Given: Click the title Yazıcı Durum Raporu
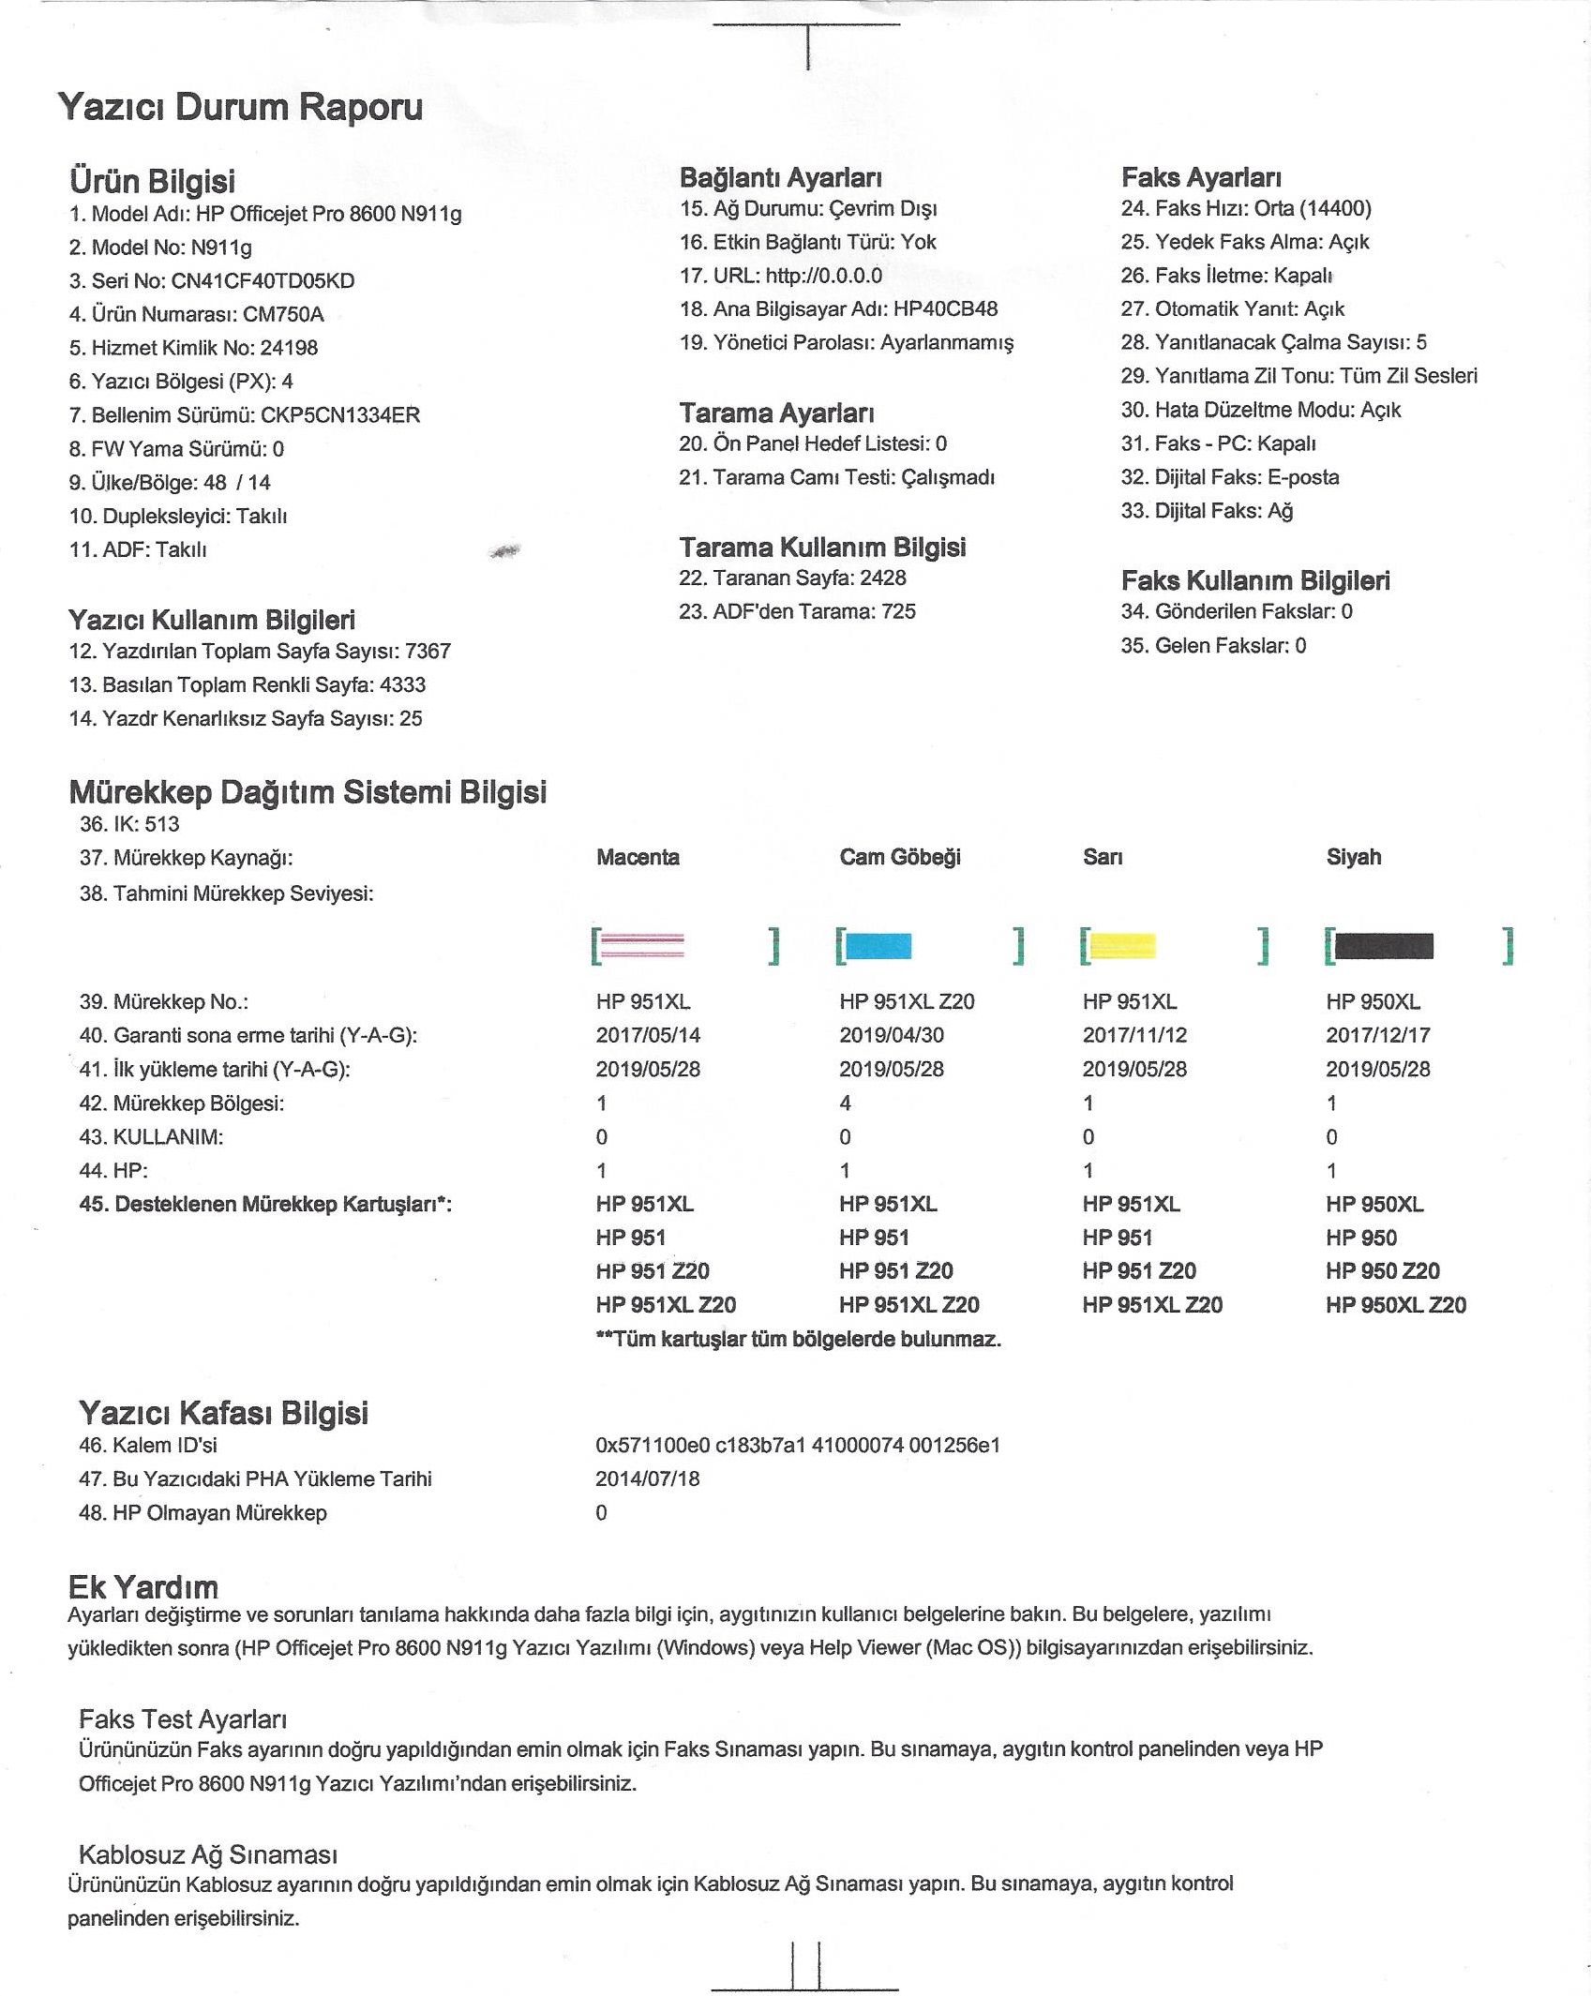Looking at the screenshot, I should [x=240, y=107].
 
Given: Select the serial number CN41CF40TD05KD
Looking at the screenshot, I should [x=263, y=281].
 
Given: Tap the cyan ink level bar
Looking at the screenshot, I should [x=878, y=946].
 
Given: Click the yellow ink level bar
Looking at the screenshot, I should [x=1123, y=946].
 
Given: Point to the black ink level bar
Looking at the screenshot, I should [x=1384, y=946].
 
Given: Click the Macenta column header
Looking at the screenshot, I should [x=638, y=857].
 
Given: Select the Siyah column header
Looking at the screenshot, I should [x=1353, y=857].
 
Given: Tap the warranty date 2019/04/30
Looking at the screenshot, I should [x=891, y=1035].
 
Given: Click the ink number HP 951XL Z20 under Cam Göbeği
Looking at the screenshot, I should [x=907, y=1001].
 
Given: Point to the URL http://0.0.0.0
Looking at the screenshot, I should [x=823, y=276].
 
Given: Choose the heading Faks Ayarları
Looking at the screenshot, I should [x=1201, y=177].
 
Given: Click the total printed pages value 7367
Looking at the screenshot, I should [x=428, y=651].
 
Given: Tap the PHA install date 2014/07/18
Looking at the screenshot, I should [x=647, y=1478].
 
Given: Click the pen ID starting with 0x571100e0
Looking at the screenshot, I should [x=798, y=1445].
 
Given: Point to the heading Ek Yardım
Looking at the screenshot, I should [x=143, y=1587].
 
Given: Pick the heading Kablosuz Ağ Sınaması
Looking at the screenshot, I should [x=207, y=1853].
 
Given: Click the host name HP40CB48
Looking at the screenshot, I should [x=945, y=308].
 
